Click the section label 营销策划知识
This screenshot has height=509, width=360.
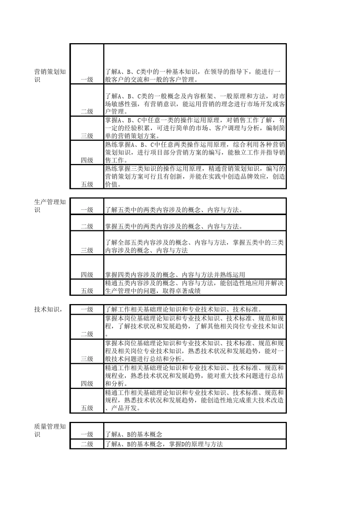click(50, 75)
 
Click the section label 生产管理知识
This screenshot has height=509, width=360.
click(50, 206)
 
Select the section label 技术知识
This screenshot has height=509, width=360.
click(48, 309)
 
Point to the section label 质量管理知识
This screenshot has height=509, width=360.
click(50, 430)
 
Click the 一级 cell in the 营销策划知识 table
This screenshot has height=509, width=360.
click(87, 80)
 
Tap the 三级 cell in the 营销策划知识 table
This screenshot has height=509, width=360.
click(87, 136)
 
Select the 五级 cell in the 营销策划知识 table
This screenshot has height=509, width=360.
click(87, 184)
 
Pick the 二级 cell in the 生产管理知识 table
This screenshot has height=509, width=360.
click(87, 226)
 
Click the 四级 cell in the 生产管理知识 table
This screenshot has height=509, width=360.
click(87, 275)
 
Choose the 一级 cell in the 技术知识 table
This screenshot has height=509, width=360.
click(87, 309)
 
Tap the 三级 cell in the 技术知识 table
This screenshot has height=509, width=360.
click(87, 359)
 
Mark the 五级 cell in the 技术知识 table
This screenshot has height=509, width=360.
click(87, 408)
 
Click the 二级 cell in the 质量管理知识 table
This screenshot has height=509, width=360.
click(87, 444)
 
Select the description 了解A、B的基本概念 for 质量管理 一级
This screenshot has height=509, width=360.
click(134, 434)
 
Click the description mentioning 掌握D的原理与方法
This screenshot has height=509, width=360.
click(164, 444)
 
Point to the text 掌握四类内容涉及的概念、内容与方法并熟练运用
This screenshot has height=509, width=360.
click(175, 275)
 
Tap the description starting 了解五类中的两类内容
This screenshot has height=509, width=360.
click(174, 209)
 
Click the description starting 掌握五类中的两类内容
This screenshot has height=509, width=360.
click(174, 226)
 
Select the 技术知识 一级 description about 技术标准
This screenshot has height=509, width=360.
click(183, 309)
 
